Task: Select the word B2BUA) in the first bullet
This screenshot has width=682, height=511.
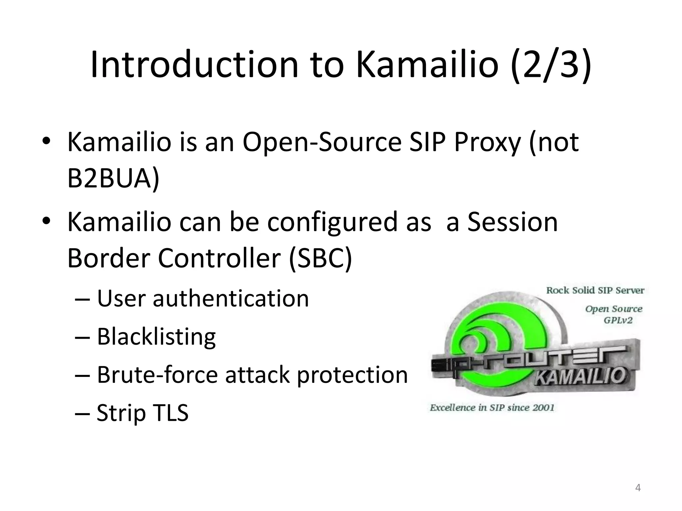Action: click(113, 178)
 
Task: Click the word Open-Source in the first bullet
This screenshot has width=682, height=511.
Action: click(322, 142)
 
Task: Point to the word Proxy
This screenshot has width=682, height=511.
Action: click(487, 142)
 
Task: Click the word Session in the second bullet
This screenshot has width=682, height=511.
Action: click(512, 222)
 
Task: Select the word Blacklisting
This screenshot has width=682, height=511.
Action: click(156, 337)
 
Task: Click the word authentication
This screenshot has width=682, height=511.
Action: click(231, 298)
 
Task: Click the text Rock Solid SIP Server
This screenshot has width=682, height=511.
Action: click(595, 290)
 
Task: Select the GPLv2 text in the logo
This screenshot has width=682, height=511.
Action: click(618, 321)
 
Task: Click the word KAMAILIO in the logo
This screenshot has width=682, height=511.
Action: click(579, 377)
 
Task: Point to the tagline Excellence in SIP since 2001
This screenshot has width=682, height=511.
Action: click(492, 408)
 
